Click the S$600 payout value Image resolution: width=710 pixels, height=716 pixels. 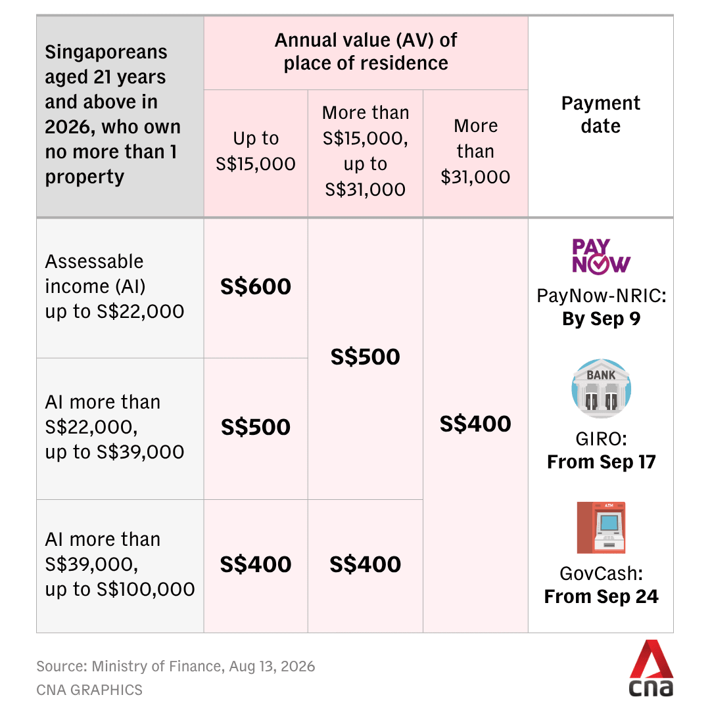255,287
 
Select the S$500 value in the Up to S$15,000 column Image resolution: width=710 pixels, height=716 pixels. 255,428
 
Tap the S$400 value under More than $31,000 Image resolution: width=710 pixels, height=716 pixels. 475,424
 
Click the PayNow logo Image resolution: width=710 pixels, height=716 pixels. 601,256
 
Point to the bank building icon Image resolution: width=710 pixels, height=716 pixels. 602,388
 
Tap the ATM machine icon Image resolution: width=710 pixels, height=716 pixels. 601,527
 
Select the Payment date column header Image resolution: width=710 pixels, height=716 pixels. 601,114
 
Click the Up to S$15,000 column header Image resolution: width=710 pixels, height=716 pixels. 255,151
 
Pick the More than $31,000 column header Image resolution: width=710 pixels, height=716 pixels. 475,151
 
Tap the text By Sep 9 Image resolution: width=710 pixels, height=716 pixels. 602,319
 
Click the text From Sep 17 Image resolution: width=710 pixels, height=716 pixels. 602,462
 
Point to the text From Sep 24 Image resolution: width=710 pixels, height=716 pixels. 602,596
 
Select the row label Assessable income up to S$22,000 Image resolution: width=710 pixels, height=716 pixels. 114,287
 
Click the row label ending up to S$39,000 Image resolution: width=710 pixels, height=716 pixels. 114,428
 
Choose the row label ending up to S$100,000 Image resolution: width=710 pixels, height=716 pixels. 120,564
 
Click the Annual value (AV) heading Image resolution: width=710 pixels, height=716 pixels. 366,52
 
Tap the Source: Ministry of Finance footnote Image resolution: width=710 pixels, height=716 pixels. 176,666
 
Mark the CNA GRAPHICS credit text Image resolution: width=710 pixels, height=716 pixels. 89,690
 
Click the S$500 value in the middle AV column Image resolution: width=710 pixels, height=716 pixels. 365,357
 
